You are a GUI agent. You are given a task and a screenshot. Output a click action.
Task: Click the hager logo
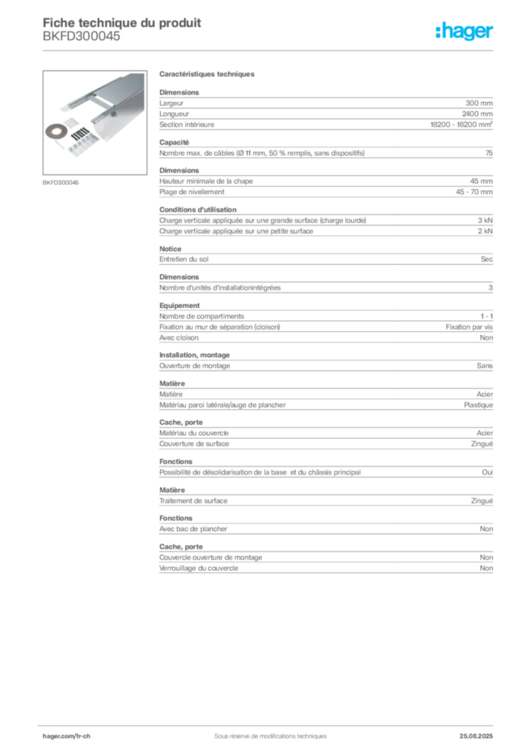point(464,31)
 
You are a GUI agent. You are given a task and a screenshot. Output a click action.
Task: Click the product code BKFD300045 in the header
point(81,37)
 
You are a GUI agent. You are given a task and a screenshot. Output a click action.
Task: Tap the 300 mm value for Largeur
point(479,103)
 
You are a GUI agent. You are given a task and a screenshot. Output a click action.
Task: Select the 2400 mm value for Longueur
point(477,114)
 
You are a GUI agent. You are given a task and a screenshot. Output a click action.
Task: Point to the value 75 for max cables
point(489,153)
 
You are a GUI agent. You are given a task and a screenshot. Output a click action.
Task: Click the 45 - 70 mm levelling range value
point(474,192)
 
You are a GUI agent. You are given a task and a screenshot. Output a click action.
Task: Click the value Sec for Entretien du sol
point(486,259)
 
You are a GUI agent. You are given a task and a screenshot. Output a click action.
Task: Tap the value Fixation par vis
point(469,327)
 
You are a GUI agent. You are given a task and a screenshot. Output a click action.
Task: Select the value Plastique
point(478,405)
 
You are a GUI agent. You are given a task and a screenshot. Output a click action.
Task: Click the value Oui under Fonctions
point(487,472)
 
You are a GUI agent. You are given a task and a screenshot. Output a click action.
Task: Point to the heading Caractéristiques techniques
point(207,74)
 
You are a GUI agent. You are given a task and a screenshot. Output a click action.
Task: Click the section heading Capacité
point(175,142)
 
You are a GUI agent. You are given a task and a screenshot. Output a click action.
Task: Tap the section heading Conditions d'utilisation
point(198,210)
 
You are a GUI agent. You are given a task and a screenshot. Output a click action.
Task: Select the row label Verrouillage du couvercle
point(199,568)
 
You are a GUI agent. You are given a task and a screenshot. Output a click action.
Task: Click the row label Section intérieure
point(187,125)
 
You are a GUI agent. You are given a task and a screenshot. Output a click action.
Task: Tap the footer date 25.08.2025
point(476,736)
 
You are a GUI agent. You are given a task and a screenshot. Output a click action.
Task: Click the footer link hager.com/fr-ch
point(67,736)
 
